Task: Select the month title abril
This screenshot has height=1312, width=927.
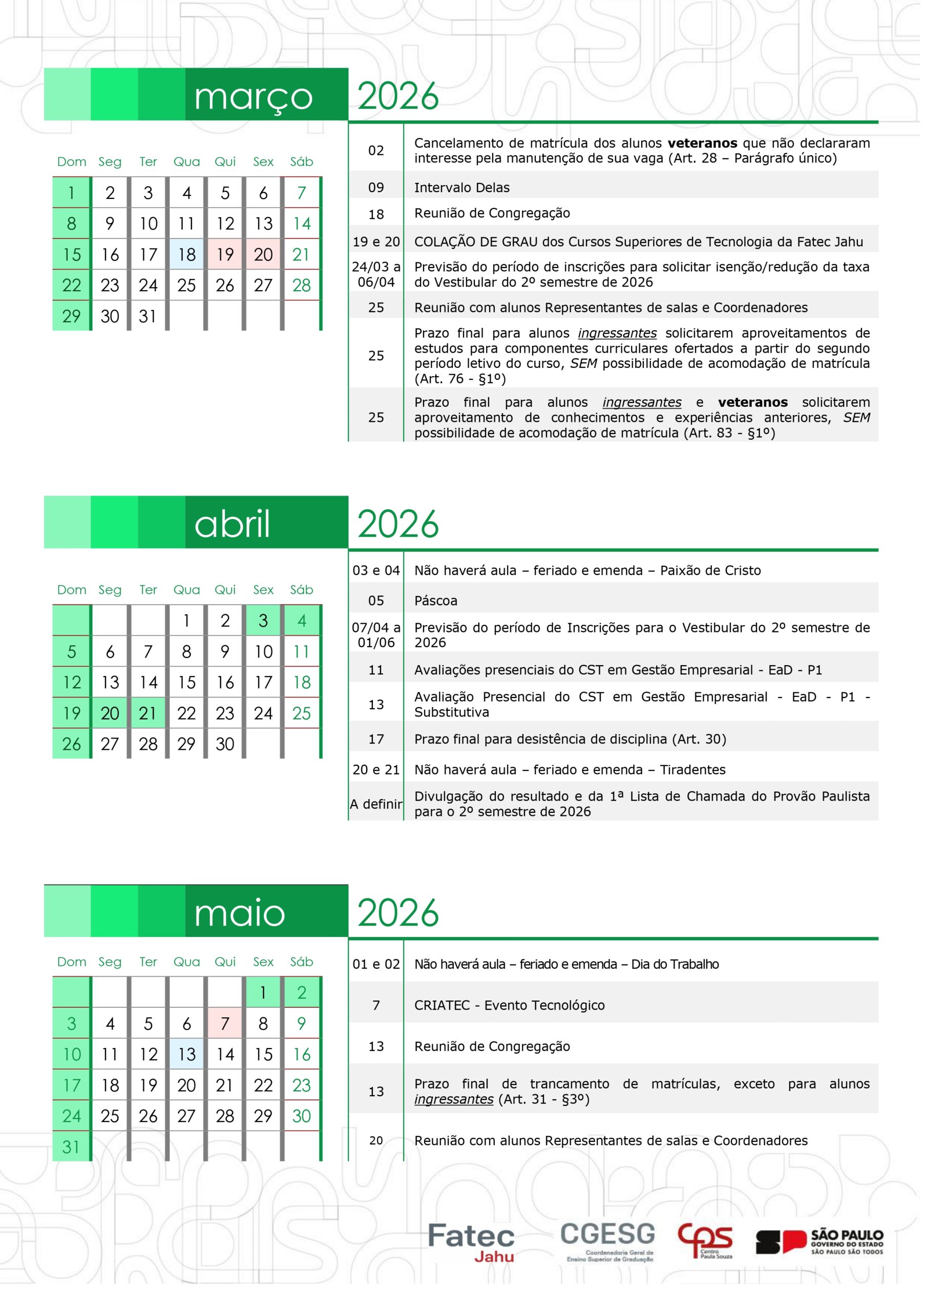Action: point(233,527)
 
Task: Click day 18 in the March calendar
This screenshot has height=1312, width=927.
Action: point(188,256)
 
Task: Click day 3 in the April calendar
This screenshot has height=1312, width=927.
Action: point(265,625)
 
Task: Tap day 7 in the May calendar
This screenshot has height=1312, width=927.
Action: point(227,1031)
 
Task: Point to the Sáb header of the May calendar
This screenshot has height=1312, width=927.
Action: point(304,969)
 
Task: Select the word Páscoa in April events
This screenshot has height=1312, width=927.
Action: point(438,605)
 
